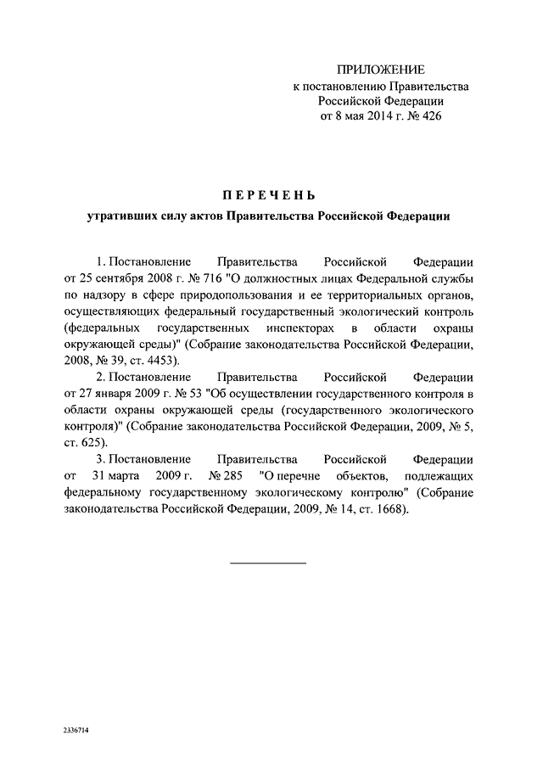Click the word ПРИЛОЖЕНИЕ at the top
pyautogui.click(x=380, y=69)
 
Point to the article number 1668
pyautogui.click(x=389, y=510)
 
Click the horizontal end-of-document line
pyautogui.click(x=268, y=562)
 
